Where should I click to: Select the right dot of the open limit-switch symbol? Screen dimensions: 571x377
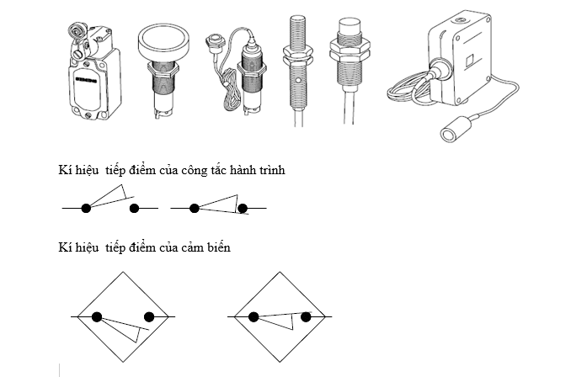pos(134,207)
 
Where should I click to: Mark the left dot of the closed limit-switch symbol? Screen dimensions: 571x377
pos(193,207)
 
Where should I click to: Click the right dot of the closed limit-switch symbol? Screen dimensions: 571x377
pos(243,208)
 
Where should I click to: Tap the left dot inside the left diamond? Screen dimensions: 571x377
pos(98,317)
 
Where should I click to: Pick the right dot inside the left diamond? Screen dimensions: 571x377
pos(149,317)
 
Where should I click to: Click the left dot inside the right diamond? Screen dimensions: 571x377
pos(253,317)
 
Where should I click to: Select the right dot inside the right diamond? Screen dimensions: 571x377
pos(306,317)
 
